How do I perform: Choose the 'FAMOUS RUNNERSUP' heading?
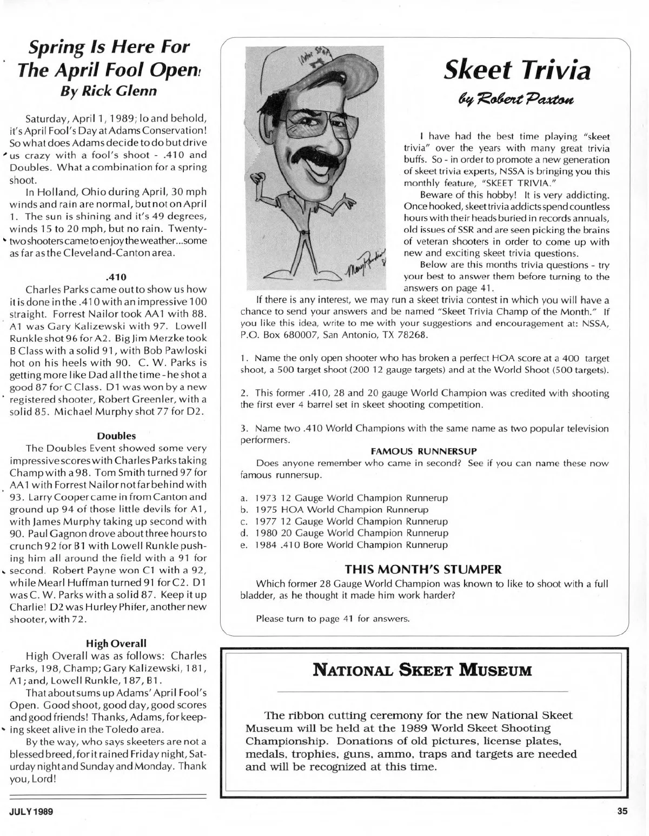423,451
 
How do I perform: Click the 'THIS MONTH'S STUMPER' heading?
423,569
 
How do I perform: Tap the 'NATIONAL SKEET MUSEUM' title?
423,671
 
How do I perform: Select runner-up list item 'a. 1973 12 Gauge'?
344,497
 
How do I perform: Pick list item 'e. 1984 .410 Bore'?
344,545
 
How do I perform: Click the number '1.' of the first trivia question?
244,359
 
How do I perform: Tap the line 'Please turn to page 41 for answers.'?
333,618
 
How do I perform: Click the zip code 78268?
412,335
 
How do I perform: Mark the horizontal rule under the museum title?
423,692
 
